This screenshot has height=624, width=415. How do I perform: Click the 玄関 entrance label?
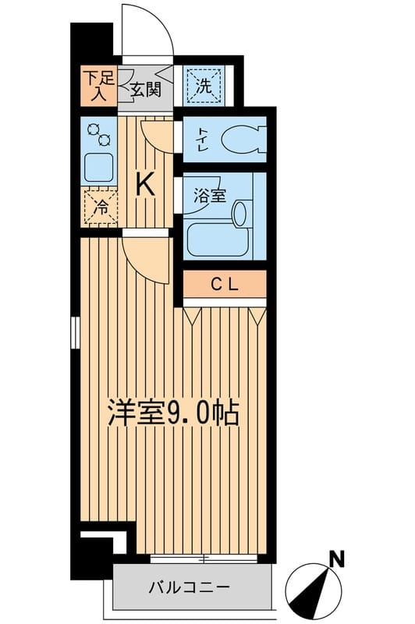tap(145, 89)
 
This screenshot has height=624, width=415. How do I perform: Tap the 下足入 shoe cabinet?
tap(99, 86)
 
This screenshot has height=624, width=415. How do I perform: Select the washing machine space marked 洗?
tap(204, 86)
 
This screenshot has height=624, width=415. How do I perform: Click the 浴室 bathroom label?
tap(210, 196)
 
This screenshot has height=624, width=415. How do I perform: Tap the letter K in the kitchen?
tap(145, 185)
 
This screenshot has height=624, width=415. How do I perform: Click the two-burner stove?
tap(99, 135)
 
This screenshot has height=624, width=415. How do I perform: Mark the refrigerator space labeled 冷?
tap(101, 207)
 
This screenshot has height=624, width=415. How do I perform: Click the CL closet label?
tap(225, 285)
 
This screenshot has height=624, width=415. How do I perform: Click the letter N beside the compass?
tap(337, 558)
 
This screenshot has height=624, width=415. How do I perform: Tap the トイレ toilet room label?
tap(200, 140)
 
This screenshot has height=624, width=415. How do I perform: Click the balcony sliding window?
tap(203, 558)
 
